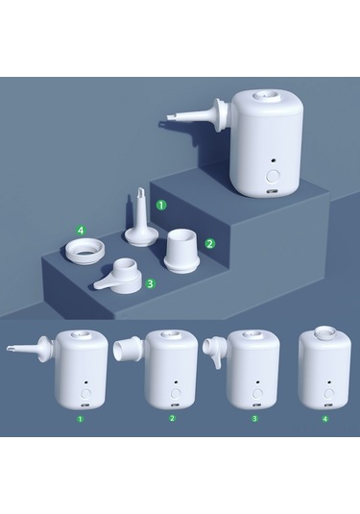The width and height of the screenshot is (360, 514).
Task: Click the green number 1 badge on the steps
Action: click(161, 206)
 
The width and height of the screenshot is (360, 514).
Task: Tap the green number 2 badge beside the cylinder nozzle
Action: click(210, 244)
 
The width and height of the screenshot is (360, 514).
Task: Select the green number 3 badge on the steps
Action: click(150, 283)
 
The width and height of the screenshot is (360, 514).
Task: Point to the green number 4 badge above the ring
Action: click(81, 231)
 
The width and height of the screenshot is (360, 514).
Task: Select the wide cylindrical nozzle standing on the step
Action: click(181, 251)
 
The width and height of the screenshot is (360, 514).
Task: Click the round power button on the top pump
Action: click(273, 177)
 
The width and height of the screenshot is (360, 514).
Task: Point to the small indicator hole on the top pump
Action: click(273, 160)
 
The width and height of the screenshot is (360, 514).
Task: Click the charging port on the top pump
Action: click(273, 191)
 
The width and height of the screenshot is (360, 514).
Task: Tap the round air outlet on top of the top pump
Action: click(268, 96)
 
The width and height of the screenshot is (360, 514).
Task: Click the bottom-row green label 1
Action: click(81, 419)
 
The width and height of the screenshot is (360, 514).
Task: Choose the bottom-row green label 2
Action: click(172, 418)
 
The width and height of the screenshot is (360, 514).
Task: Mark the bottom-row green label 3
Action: click(254, 418)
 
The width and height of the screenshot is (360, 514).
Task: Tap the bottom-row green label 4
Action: click(324, 419)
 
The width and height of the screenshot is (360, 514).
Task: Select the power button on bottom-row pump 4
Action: click(328, 393)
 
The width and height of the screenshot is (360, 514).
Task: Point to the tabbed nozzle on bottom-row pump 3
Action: click(215, 353)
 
